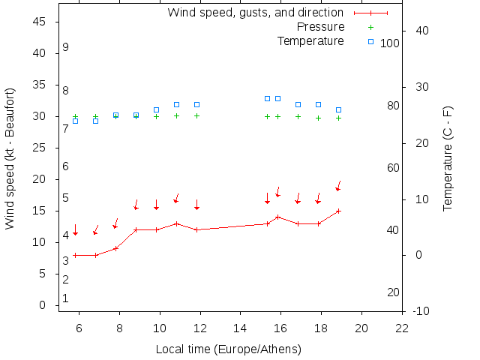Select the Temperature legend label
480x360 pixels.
(310, 40)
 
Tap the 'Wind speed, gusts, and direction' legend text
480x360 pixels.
(255, 13)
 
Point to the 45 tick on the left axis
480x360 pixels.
(41, 22)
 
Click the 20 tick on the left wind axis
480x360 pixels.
(41, 179)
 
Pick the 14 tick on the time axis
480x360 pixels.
(241, 328)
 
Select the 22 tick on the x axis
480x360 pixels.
(402, 328)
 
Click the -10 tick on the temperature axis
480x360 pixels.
(421, 310)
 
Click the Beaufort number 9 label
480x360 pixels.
(66, 47)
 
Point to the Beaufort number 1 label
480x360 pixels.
(66, 298)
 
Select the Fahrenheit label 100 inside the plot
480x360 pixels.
(389, 43)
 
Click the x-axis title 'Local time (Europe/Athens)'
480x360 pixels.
(228, 349)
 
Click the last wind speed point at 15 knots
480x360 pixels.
(339, 211)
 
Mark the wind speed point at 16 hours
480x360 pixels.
(278, 217)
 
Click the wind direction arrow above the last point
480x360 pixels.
(338, 185)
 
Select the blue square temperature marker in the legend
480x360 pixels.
(370, 40)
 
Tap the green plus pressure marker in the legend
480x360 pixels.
(370, 27)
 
